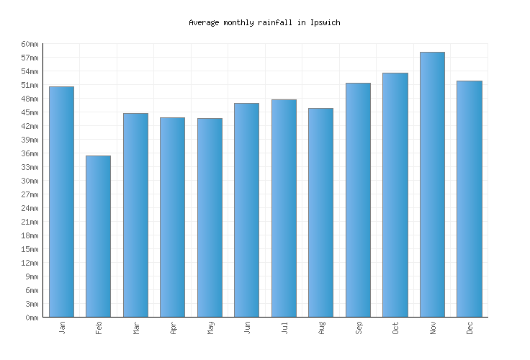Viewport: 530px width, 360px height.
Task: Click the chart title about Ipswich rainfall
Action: (264, 23)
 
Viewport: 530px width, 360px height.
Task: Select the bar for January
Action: (61, 202)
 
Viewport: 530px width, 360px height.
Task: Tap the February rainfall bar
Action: (98, 236)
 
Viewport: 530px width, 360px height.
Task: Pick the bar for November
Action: (432, 184)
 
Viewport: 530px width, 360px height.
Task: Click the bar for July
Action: (284, 208)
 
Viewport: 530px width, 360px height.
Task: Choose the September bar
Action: (358, 199)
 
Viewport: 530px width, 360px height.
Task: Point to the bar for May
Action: (210, 217)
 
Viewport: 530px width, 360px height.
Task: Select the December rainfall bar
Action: (470, 199)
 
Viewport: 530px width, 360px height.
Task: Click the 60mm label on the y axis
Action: (30, 45)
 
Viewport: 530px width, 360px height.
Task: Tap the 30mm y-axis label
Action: (30, 181)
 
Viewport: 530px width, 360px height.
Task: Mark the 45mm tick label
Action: (30, 113)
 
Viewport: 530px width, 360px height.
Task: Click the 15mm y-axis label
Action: (30, 249)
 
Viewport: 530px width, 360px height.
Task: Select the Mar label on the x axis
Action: (136, 328)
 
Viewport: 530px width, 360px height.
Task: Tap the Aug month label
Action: (321, 328)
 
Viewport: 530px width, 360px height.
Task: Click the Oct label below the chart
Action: (395, 328)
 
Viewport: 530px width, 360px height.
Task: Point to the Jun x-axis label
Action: (247, 328)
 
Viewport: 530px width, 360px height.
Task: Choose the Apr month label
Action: (173, 328)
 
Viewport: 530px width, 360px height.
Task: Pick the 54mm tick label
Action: (30, 72)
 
